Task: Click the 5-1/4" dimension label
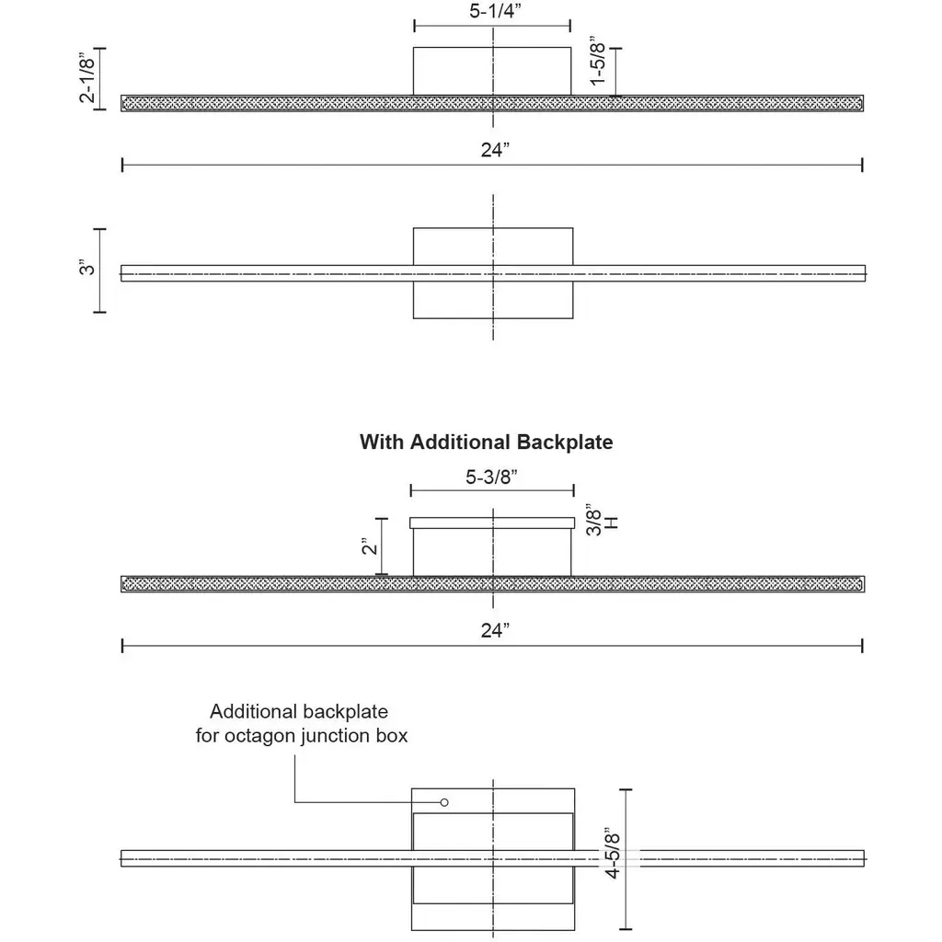click(x=492, y=11)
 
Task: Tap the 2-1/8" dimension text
click(x=88, y=78)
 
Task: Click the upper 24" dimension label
click(x=494, y=151)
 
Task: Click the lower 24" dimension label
click(x=494, y=631)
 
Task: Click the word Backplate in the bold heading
click(x=564, y=442)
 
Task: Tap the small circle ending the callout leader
click(x=445, y=802)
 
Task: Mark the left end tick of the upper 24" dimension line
click(x=122, y=165)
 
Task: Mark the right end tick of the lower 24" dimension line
click(x=862, y=647)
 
